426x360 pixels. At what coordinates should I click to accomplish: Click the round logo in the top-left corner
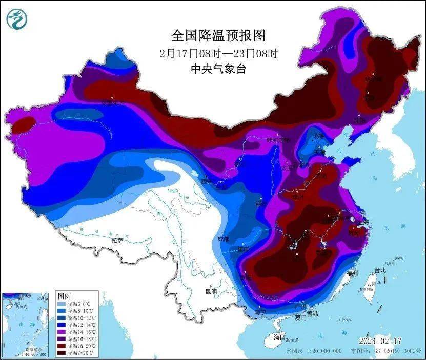pos(16,19)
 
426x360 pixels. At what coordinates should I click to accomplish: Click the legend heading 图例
pos(64,297)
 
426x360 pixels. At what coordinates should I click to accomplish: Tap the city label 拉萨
pos(117,240)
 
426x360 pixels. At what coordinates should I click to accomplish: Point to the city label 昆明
pos(211,291)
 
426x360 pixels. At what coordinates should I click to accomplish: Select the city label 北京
pos(319,136)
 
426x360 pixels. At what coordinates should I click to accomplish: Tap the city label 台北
pos(379,270)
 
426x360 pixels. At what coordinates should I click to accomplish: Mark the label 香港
pos(312,313)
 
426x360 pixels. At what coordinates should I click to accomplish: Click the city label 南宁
pos(260,312)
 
